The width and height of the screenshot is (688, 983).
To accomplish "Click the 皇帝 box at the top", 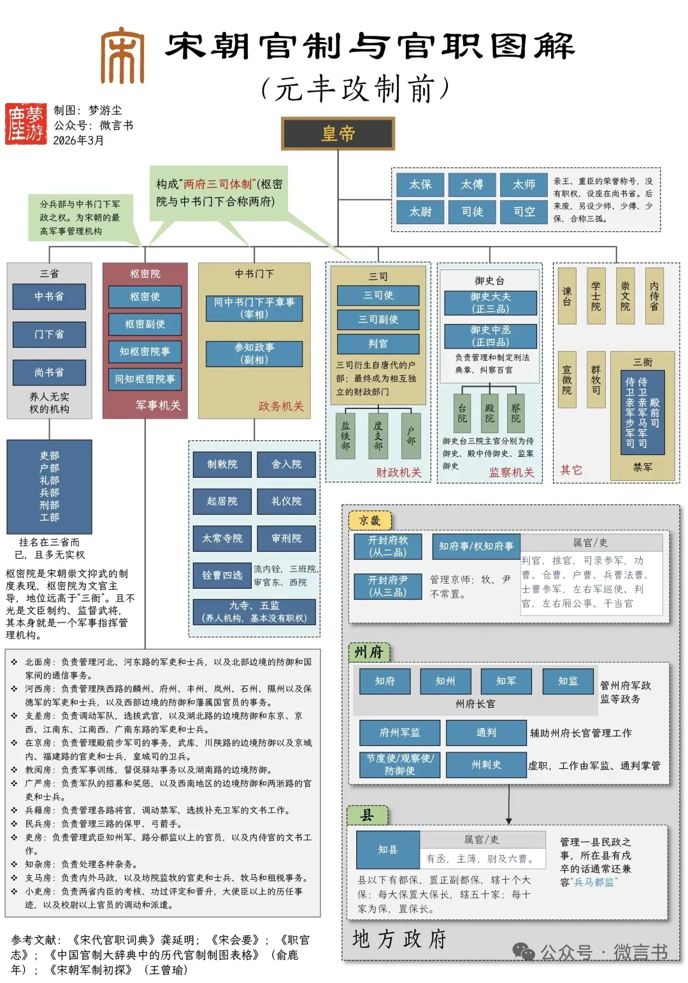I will coord(338,134).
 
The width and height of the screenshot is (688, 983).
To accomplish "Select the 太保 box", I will coord(420,184).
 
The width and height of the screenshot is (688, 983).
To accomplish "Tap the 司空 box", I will coord(524,212).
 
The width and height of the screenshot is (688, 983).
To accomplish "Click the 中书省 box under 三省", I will coord(49,296).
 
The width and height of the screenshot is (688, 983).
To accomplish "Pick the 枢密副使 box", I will coord(145,324).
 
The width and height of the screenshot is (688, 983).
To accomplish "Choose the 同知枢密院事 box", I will coord(145,379).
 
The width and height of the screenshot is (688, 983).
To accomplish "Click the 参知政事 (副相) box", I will coord(254,354).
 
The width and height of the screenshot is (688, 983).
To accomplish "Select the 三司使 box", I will coord(378,295).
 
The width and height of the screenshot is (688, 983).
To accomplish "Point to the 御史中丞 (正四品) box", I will coord(490,336).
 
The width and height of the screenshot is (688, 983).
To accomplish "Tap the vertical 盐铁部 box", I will coord(345,436).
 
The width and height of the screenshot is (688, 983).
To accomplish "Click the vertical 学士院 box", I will coord(596,296).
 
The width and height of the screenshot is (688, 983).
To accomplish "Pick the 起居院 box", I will coord(222,501).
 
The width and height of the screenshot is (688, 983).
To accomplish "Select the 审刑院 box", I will coord(287,538).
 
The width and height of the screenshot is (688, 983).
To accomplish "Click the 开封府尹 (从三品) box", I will coord(387,586).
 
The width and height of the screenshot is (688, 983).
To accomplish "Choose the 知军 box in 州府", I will coord(506,681).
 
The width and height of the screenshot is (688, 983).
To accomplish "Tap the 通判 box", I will coord(486,733).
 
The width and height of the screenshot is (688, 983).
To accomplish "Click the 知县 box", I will coord(387,849).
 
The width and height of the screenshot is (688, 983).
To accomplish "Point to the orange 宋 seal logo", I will coord(122,55).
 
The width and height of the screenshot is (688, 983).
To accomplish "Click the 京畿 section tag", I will coord(369,520).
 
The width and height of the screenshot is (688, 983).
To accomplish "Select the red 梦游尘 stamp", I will coord(26,124).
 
